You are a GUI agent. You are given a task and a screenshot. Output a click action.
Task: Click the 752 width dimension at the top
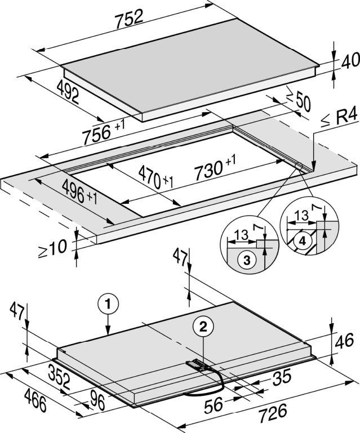tap(130, 18)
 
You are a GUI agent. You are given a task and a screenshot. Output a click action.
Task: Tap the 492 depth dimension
tap(68, 92)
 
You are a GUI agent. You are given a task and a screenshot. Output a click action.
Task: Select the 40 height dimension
tap(350, 61)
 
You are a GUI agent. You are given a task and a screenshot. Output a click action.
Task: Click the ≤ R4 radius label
tap(339, 119)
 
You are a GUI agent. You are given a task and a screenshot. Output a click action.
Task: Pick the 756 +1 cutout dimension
tap(103, 132)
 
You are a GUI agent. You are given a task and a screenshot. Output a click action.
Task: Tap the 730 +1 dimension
tap(215, 167)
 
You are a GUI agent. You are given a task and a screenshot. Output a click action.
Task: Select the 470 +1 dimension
tap(155, 177)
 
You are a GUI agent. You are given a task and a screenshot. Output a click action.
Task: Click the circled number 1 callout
tap(108, 304)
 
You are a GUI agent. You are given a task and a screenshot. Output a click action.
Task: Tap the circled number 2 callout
tap(203, 328)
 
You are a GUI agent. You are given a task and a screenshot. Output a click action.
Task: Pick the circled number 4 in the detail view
tap(302, 242)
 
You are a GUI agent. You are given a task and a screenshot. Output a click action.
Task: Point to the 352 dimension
tap(59, 376)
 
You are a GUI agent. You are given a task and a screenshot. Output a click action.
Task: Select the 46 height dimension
tap(344, 341)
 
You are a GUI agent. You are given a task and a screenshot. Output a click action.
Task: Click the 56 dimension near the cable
tap(214, 405)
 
